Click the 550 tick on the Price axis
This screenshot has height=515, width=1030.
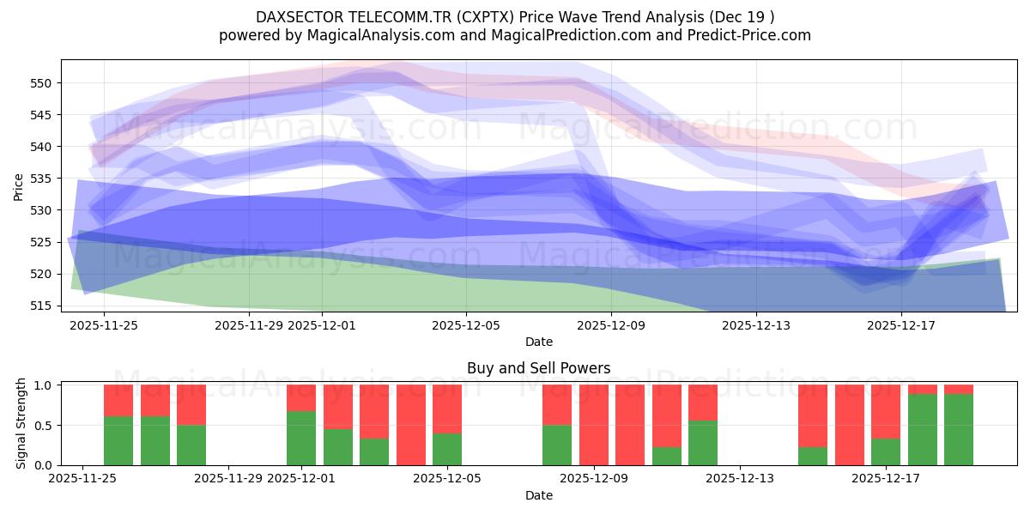44,83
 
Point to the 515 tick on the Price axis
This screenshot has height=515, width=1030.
44,306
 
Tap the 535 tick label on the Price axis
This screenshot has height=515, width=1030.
44,179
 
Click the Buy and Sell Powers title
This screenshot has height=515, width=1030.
538,368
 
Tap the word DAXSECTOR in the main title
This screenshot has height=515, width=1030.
300,17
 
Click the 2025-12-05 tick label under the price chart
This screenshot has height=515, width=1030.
466,325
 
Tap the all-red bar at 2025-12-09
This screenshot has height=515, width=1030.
593,425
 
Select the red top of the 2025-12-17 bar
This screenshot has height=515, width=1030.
886,411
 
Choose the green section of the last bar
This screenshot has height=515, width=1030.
959,429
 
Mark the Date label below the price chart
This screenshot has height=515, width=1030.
538,342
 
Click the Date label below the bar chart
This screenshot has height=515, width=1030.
538,495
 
